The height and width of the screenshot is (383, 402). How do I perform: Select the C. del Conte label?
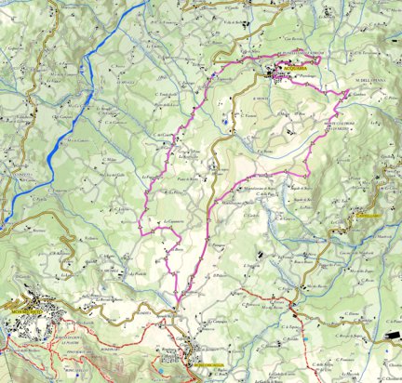[164, 136]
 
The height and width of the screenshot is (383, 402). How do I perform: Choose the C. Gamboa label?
[359, 94]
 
